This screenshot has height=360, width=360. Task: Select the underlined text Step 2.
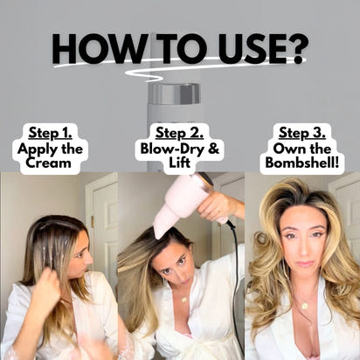tap(180, 133)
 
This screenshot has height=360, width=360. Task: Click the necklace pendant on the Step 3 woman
tap(303, 306)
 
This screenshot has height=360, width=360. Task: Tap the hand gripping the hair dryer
tap(218, 206)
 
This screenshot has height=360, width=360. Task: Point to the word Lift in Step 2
tap(180, 163)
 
